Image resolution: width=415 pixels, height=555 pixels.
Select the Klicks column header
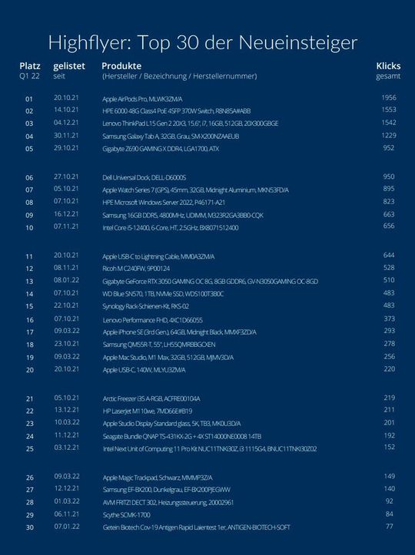[388, 66]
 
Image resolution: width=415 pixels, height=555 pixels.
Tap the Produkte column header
[121, 66]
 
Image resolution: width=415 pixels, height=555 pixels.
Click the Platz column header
[30, 66]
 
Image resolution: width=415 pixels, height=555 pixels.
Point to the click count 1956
[388, 98]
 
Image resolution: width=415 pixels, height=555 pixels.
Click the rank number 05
[30, 148]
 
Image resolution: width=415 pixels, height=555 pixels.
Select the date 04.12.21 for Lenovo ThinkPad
[68, 123]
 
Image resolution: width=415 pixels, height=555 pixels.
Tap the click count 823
[389, 202]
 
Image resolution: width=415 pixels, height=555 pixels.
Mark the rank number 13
[30, 282]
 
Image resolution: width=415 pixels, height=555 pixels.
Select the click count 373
[389, 319]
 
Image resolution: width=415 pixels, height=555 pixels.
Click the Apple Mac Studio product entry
[168, 358]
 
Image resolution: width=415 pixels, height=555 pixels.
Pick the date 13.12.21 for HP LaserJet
[68, 410]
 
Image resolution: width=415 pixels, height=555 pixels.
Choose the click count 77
[390, 527]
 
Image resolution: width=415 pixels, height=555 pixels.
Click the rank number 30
[30, 527]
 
